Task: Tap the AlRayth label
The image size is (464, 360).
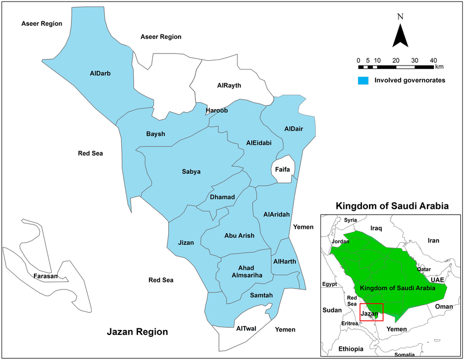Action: point(229,86)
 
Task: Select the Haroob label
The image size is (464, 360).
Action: point(216,111)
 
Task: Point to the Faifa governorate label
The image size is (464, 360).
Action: point(282,170)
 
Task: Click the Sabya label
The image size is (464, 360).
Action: point(191,172)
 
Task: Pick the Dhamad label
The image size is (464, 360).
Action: point(222,197)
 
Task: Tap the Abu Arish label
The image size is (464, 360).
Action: point(239,235)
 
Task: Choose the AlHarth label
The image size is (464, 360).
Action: point(284,262)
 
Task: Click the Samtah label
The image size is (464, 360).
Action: point(261,296)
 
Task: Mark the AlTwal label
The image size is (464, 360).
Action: point(247,329)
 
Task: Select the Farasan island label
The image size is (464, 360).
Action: point(45,276)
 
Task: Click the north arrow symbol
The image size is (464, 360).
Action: point(401,36)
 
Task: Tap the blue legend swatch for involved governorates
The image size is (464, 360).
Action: point(363,80)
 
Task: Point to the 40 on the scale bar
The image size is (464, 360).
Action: point(433,60)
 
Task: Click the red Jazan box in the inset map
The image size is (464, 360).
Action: point(371,312)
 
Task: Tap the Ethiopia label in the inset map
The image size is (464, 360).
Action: point(350,349)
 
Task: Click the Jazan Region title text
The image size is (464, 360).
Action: point(137,332)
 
